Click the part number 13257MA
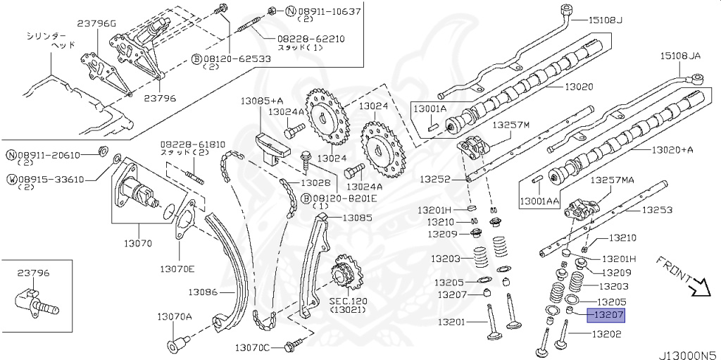click(x=612, y=180)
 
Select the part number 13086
click(x=203, y=291)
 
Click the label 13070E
click(x=177, y=268)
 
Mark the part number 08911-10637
click(x=324, y=11)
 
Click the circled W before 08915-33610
click(x=12, y=179)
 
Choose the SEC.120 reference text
click(x=344, y=300)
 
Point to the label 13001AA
click(x=539, y=201)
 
